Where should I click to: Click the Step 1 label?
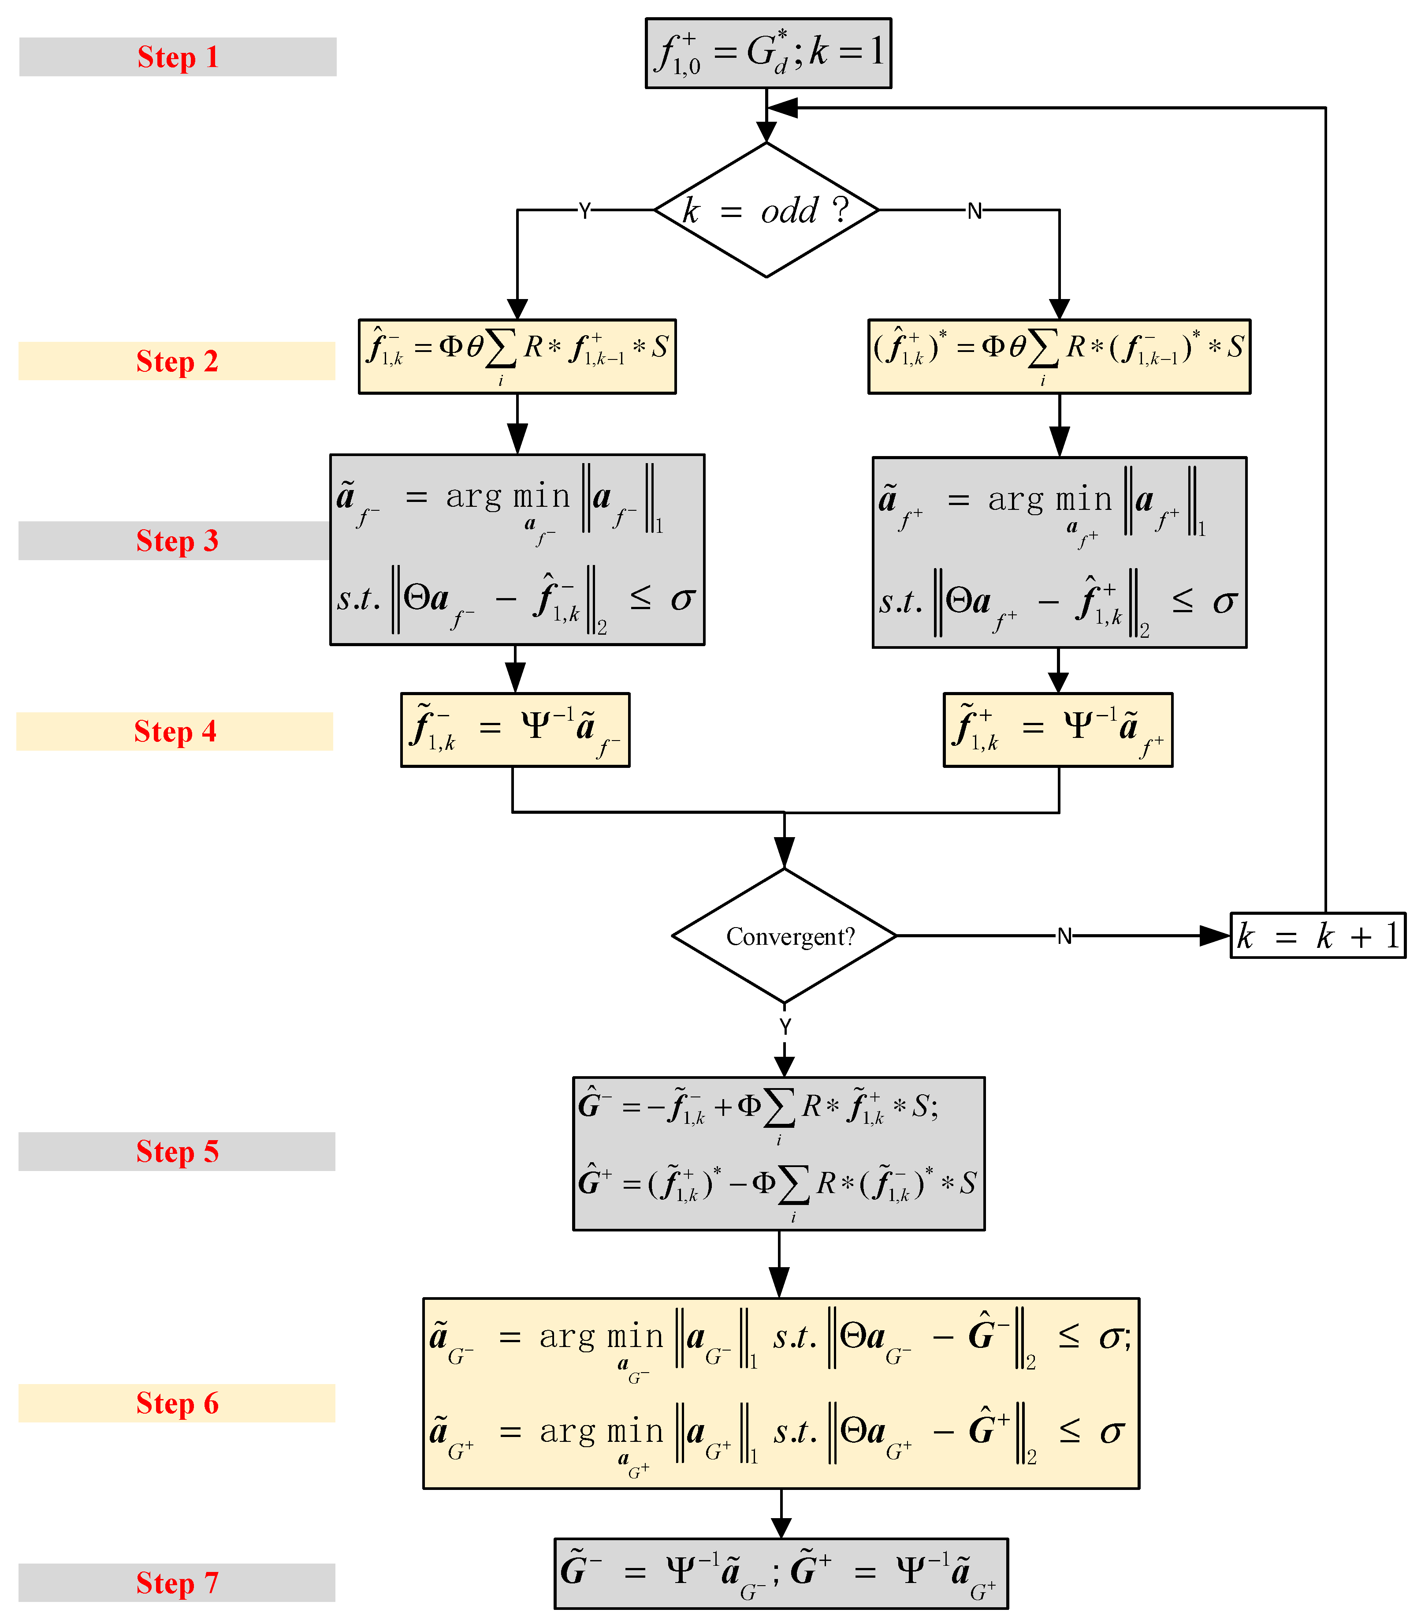point(178,57)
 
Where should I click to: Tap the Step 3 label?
point(177,541)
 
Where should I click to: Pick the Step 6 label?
point(177,1403)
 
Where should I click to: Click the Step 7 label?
point(177,1583)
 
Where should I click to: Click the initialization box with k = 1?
point(768,53)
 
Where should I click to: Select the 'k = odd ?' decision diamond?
point(766,210)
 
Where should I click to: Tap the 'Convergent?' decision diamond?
point(784,936)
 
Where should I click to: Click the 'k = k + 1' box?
point(1317,936)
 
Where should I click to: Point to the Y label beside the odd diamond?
point(584,211)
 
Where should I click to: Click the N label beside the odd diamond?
point(975,211)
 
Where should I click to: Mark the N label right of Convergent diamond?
point(1064,937)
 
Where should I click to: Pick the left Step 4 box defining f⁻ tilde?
point(515,730)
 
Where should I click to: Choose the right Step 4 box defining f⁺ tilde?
point(1058,730)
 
